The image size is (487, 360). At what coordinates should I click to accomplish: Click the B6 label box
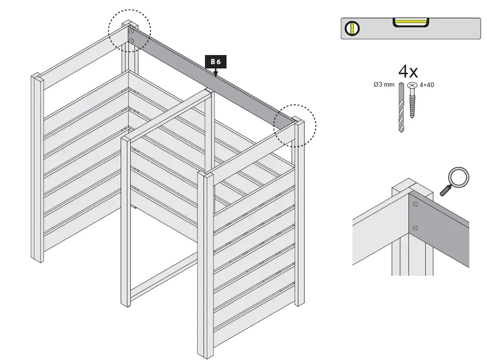[x=215, y=61]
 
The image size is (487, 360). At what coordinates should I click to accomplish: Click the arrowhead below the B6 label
[x=215, y=74]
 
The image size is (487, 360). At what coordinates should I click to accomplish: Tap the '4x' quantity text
[x=408, y=72]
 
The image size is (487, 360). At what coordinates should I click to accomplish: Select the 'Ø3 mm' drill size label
[x=384, y=85]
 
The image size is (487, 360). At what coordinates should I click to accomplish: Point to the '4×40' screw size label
[x=427, y=85]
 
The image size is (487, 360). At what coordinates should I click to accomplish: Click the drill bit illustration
[x=401, y=108]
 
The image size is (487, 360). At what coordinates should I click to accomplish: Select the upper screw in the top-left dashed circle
[x=131, y=31]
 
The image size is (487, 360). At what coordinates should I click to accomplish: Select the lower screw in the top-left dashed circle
[x=131, y=41]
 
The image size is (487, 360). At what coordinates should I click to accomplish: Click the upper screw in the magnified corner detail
[x=415, y=205]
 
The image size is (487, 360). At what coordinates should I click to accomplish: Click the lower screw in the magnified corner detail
[x=415, y=227]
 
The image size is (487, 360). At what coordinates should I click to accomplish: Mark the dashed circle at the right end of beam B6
[x=294, y=125]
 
